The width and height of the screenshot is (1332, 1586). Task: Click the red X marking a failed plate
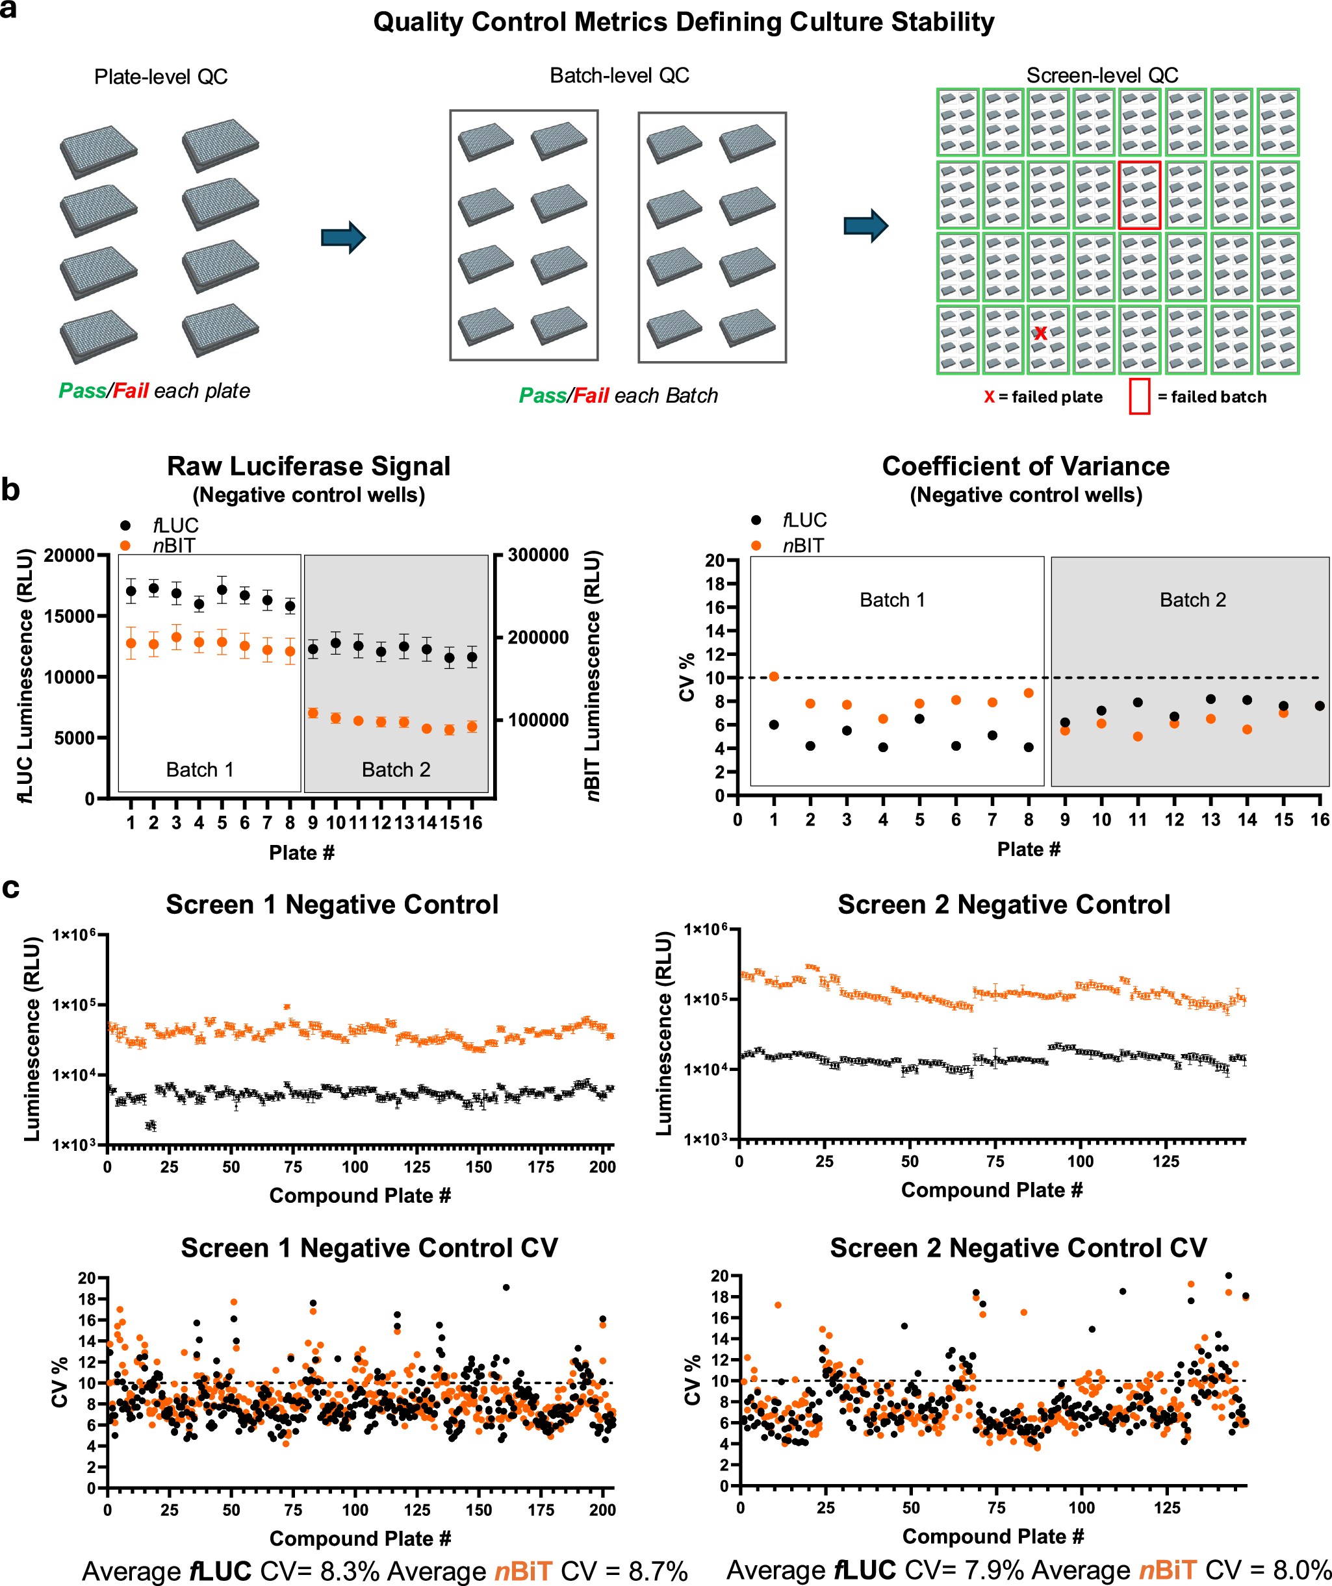click(1040, 333)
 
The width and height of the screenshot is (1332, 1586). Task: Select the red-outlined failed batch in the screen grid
click(1139, 195)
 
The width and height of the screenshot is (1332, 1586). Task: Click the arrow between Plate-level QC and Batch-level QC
click(343, 237)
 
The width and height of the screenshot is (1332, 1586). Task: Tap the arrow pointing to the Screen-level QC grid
click(866, 225)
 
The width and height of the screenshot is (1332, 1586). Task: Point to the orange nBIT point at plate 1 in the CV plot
click(774, 677)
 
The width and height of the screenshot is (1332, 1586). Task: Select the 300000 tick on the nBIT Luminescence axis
click(538, 555)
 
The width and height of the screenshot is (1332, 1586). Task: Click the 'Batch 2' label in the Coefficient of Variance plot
click(1192, 599)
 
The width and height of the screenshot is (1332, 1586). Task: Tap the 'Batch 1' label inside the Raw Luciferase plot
click(199, 770)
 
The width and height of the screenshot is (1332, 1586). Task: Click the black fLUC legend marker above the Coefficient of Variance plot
click(756, 520)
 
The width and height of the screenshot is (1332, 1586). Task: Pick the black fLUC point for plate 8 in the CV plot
click(1029, 748)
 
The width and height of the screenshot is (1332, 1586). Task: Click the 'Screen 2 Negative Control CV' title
click(1018, 1248)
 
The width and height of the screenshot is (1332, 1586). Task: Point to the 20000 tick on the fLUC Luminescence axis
click(69, 556)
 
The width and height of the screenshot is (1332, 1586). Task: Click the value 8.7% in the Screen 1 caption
click(658, 1571)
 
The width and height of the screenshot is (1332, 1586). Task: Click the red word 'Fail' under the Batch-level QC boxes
click(591, 396)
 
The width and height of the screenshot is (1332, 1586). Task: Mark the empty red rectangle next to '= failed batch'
click(1139, 396)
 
